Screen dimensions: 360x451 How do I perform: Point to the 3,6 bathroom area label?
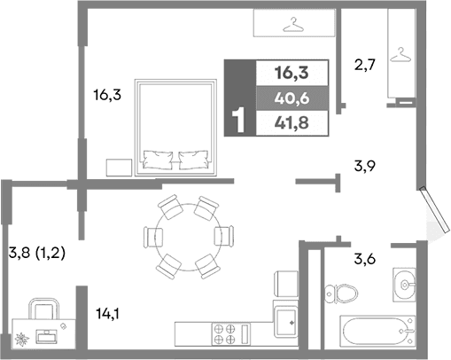(367, 259)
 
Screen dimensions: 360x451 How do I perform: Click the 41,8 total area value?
(292, 122)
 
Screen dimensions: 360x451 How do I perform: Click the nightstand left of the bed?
(118, 168)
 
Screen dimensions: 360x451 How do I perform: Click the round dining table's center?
(188, 237)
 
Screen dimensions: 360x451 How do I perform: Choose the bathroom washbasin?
(406, 284)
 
